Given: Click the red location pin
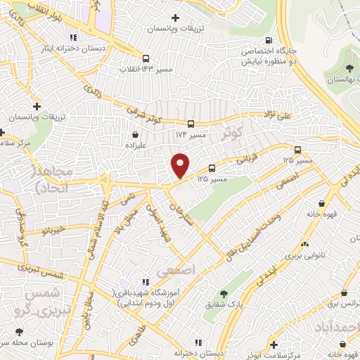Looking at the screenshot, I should point(181,165).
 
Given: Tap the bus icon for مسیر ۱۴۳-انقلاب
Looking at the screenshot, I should point(146,59).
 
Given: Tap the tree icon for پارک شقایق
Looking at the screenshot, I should point(224,294).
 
